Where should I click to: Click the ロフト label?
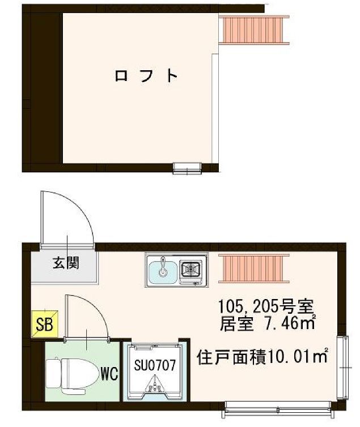tap(147, 76)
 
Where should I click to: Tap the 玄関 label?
tap(66, 263)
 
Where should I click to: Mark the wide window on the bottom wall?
tap(277, 406)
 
